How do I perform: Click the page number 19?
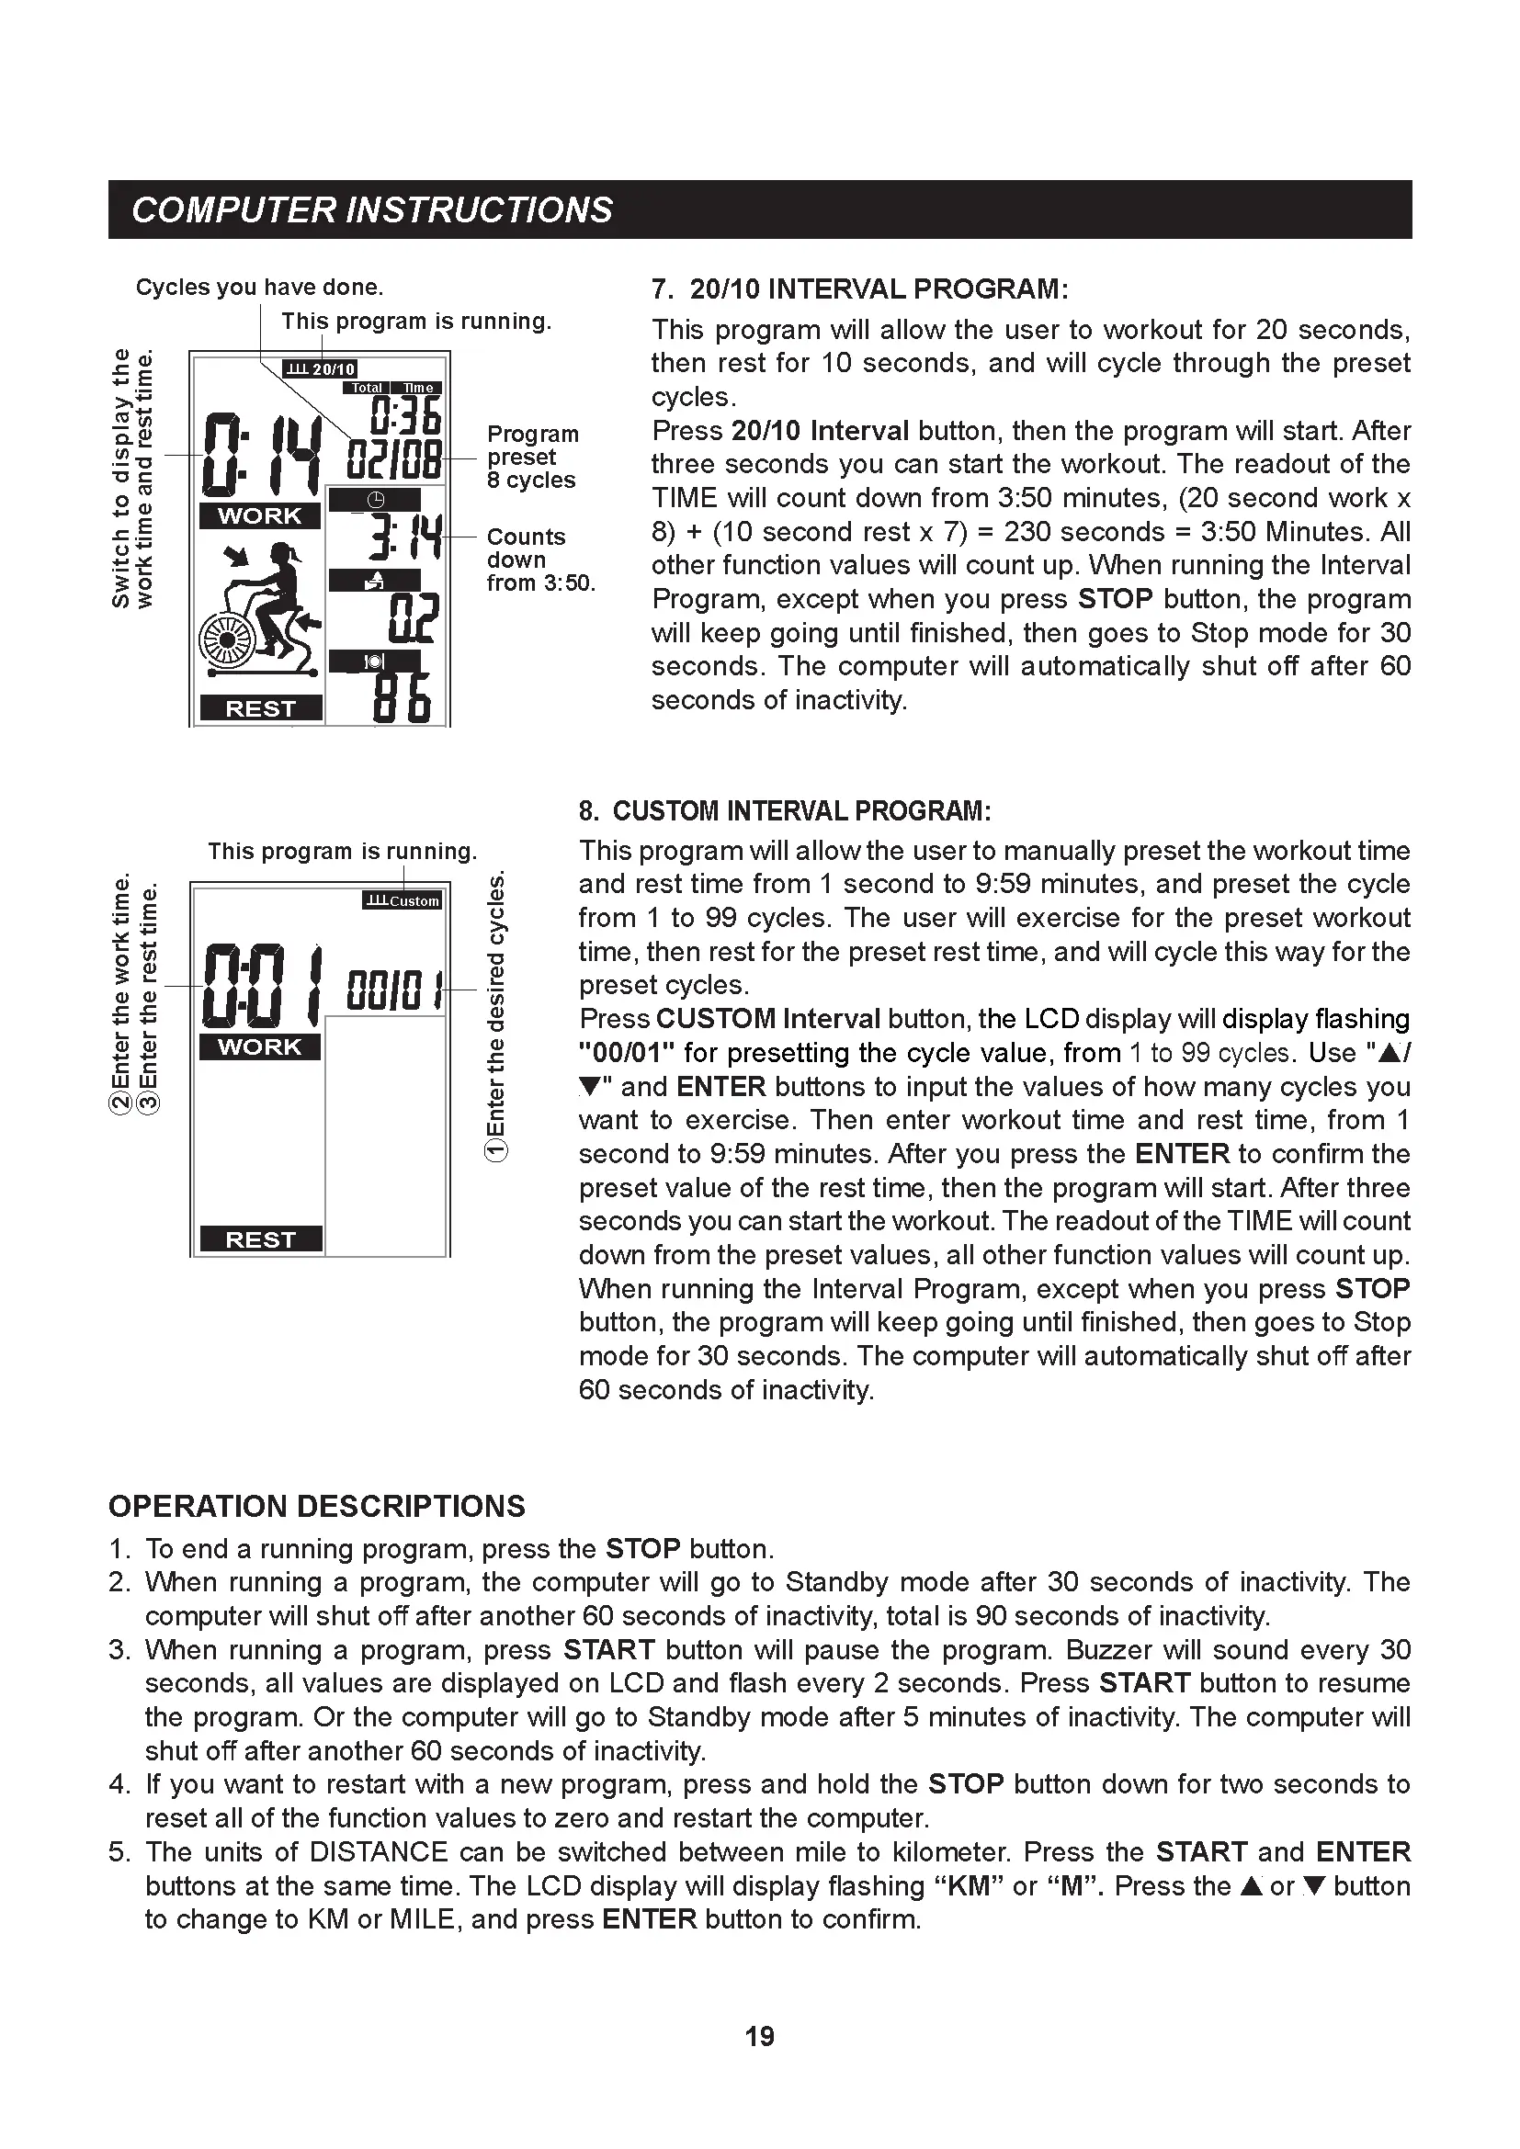759,2035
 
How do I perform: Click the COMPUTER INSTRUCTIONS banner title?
371,209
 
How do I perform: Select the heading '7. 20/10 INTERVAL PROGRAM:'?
859,288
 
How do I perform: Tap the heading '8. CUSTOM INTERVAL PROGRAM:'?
784,809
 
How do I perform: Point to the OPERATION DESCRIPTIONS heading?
316,1506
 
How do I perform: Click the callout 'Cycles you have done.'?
259,287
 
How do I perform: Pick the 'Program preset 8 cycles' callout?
531,457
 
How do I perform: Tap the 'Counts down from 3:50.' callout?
540,560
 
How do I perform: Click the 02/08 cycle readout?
393,460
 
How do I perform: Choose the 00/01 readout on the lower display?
394,991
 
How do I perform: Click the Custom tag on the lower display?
402,900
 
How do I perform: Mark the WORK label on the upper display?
259,515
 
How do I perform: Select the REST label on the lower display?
260,1239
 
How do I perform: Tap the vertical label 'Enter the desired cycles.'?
496,1015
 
